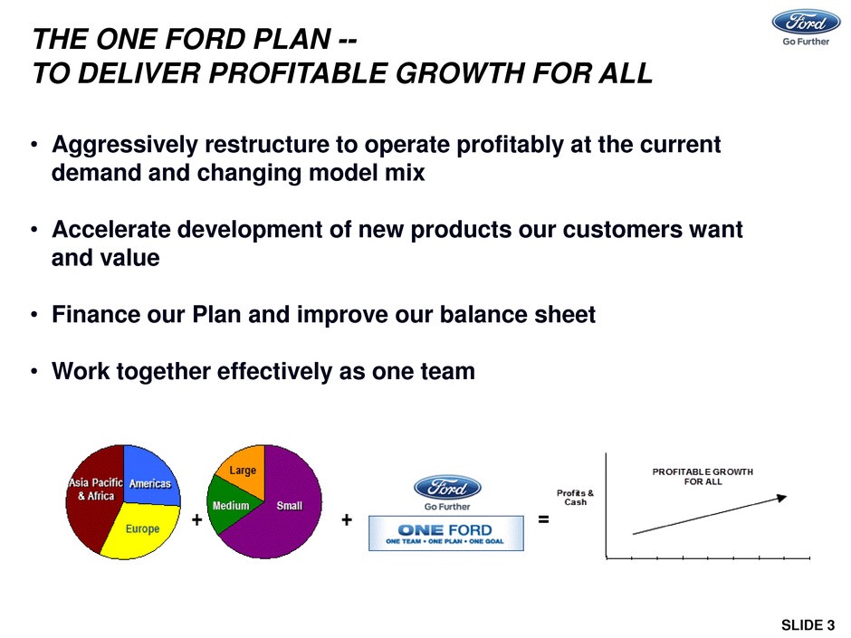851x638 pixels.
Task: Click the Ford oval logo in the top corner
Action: (806, 22)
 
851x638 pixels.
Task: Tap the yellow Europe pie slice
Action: (142, 530)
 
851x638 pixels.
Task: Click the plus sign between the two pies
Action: (196, 519)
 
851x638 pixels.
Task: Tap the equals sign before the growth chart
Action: (543, 519)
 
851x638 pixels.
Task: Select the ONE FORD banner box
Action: (446, 533)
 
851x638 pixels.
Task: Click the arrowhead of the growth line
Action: (781, 498)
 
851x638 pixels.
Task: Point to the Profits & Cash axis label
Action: (575, 498)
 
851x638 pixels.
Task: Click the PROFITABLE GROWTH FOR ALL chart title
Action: (703, 476)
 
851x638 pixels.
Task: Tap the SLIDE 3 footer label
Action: (808, 625)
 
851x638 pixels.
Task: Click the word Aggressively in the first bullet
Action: (125, 146)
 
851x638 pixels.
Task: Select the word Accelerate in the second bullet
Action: (111, 230)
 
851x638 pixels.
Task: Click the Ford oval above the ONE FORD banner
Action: (447, 487)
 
